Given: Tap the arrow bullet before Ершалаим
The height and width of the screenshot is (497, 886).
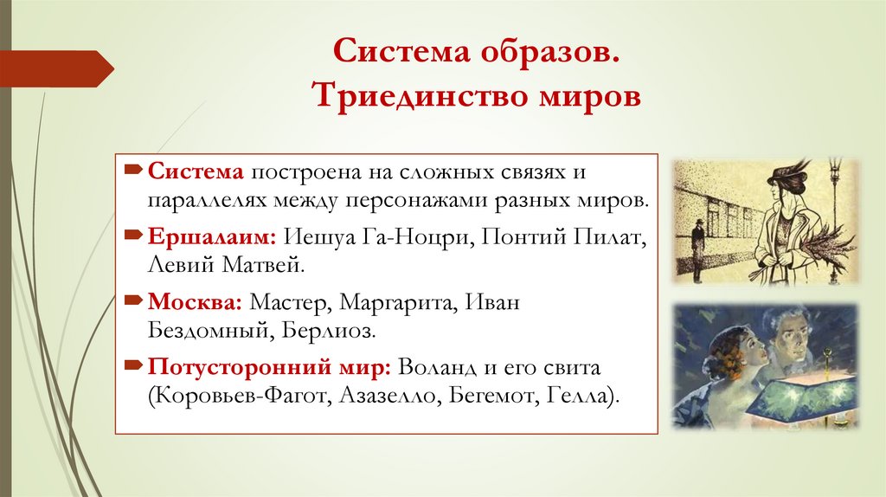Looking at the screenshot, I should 137,235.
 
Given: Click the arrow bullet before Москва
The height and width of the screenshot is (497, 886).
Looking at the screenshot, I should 137,301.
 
